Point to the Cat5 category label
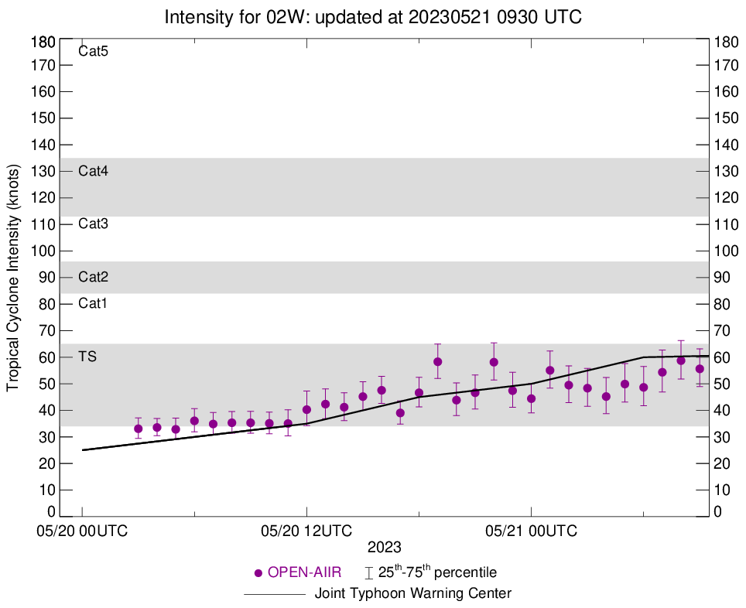tap(93, 53)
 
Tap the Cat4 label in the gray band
tap(93, 172)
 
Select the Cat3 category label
tap(93, 224)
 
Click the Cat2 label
tap(93, 277)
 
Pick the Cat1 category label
tap(93, 303)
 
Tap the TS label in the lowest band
tap(87, 357)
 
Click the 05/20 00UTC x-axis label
tap(83, 531)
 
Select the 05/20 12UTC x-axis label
tap(306, 531)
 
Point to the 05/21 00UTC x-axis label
tap(531, 531)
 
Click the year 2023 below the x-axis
tap(385, 547)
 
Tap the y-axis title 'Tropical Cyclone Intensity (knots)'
tap(13, 277)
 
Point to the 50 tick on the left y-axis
tap(47, 384)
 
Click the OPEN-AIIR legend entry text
tap(306, 573)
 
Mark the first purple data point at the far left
tap(139, 429)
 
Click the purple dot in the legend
tap(258, 573)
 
